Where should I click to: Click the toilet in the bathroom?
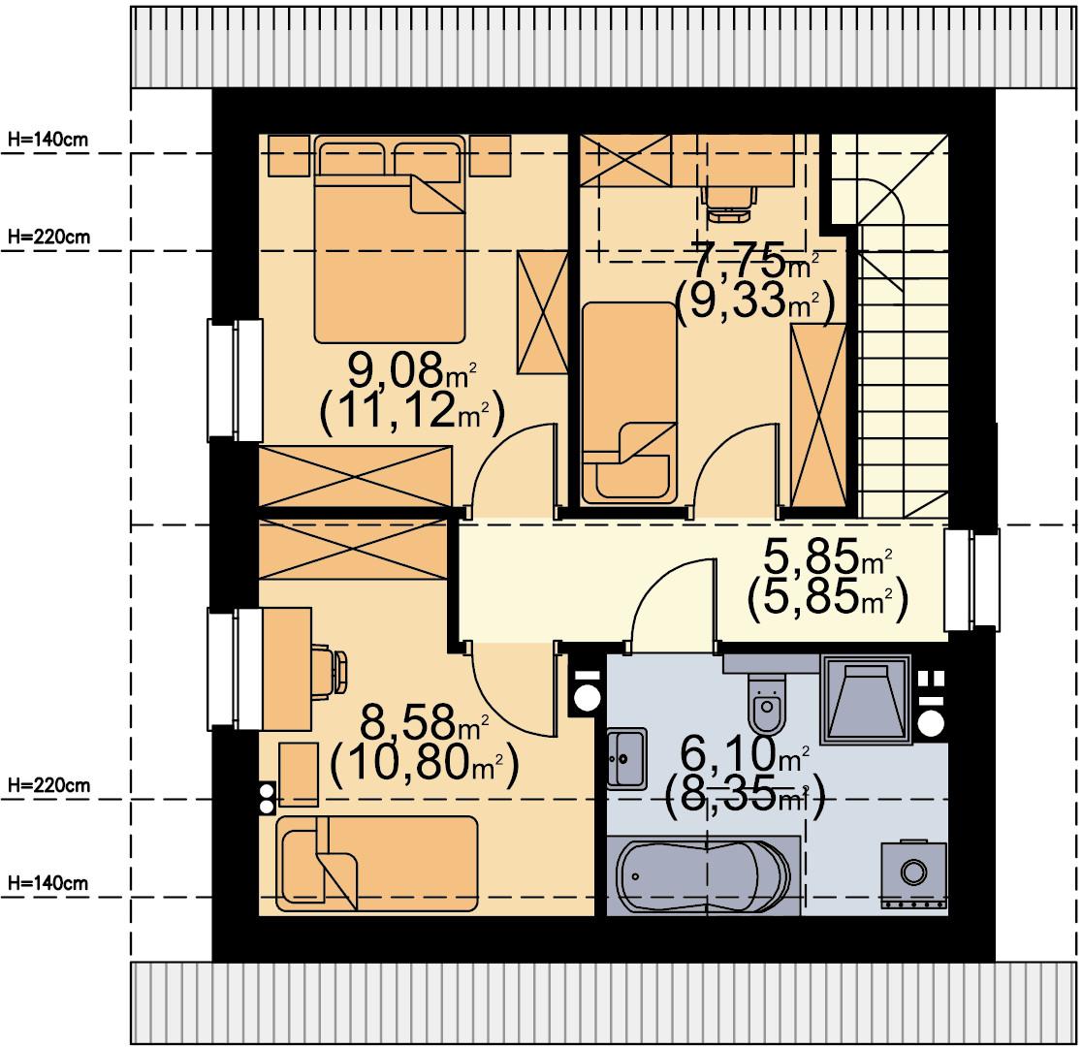point(767,702)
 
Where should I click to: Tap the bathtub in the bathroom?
point(703,875)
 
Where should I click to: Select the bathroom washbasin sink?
point(627,758)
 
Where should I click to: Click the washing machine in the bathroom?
point(913,873)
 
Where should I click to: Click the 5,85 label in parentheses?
point(827,599)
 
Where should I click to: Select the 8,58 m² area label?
point(424,721)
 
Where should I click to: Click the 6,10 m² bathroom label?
point(744,753)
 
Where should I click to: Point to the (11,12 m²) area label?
point(412,412)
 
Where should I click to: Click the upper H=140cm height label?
point(48,140)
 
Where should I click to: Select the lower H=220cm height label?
point(48,785)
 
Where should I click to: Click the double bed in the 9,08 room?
point(390,238)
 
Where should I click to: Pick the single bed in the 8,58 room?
point(376,863)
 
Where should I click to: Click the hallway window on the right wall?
point(972,580)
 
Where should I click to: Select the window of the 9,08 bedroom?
point(236,380)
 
